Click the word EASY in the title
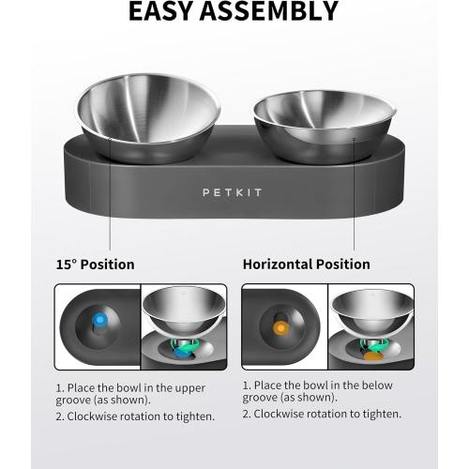click(x=165, y=12)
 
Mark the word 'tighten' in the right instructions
click(x=378, y=414)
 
